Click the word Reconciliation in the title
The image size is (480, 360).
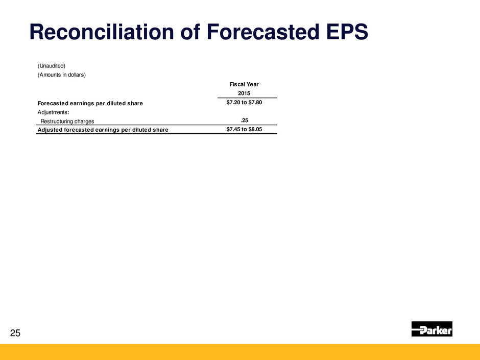tap(102, 32)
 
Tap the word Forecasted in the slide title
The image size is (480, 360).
tap(262, 32)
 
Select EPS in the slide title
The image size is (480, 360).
tap(347, 32)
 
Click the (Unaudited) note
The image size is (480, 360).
tap(52, 66)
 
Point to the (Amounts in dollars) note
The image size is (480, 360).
tap(61, 75)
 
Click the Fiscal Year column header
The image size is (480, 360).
tap(244, 84)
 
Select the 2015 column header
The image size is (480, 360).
tap(244, 93)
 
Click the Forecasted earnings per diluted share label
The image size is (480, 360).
tap(90, 104)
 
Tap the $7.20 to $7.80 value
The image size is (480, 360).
tap(244, 102)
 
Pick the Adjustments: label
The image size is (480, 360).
tap(53, 112)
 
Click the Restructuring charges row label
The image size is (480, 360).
tap(67, 122)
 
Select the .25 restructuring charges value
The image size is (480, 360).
tap(244, 121)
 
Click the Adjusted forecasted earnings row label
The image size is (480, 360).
tap(103, 130)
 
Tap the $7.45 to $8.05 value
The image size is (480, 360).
tap(244, 129)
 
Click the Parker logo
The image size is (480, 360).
tap(431, 329)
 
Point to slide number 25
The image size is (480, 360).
tap(15, 333)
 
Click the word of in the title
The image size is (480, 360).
tap(190, 32)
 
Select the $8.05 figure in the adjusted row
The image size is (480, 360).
tap(255, 129)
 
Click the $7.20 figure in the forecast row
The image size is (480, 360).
tap(233, 102)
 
